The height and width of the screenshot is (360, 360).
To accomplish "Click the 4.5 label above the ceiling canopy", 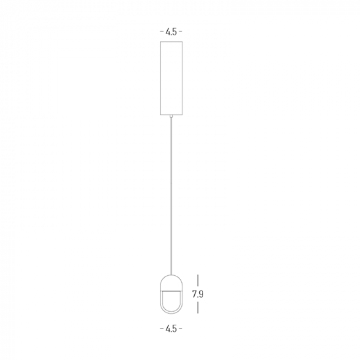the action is pos(171,32).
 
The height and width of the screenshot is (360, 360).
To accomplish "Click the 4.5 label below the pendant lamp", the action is pos(171,329).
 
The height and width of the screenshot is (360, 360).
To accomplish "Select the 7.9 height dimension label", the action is pos(198,294).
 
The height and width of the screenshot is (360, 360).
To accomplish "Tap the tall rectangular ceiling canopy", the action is pos(171,78).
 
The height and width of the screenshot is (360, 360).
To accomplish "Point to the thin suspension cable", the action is pos(171,196).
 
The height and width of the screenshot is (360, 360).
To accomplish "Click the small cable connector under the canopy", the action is pos(171,116).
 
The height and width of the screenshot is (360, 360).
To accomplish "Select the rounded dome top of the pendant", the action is pos(171,282).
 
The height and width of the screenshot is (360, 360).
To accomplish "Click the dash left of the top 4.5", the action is pos(161,31).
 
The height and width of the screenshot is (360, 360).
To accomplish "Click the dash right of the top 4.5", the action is pos(181,31).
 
